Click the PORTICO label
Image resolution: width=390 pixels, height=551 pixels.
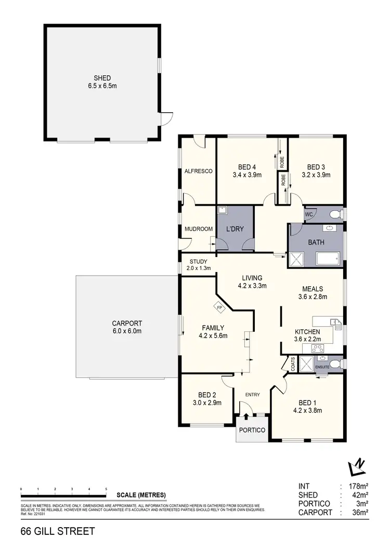click(252, 430)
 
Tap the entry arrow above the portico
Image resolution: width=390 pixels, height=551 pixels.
click(246, 411)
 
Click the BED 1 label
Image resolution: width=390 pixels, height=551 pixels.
click(307, 402)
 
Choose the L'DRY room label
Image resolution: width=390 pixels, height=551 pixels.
click(235, 229)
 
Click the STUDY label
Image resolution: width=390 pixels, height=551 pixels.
click(198, 261)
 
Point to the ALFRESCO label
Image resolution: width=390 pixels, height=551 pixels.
click(198, 171)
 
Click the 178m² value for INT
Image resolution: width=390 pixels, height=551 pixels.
click(359, 487)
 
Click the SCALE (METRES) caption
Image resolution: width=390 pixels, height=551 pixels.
click(141, 494)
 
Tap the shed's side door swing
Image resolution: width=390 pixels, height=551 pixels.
click(165, 119)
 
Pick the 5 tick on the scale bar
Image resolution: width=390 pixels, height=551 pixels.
click(106, 490)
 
